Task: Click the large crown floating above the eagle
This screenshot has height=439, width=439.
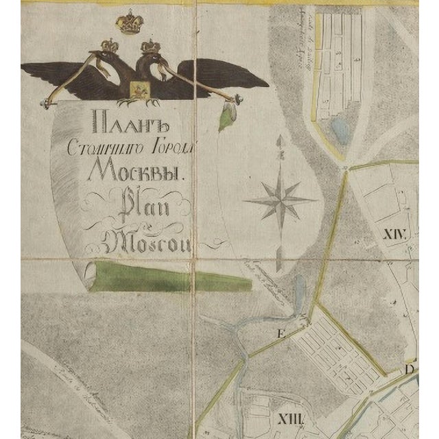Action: coord(128,22)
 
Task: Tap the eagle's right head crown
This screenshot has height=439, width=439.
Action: coord(149,46)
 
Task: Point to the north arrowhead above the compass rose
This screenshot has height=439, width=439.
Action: coord(279,141)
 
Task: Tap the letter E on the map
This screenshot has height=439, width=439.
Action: coord(279,334)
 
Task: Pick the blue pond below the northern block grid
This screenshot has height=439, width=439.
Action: coord(340,128)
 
